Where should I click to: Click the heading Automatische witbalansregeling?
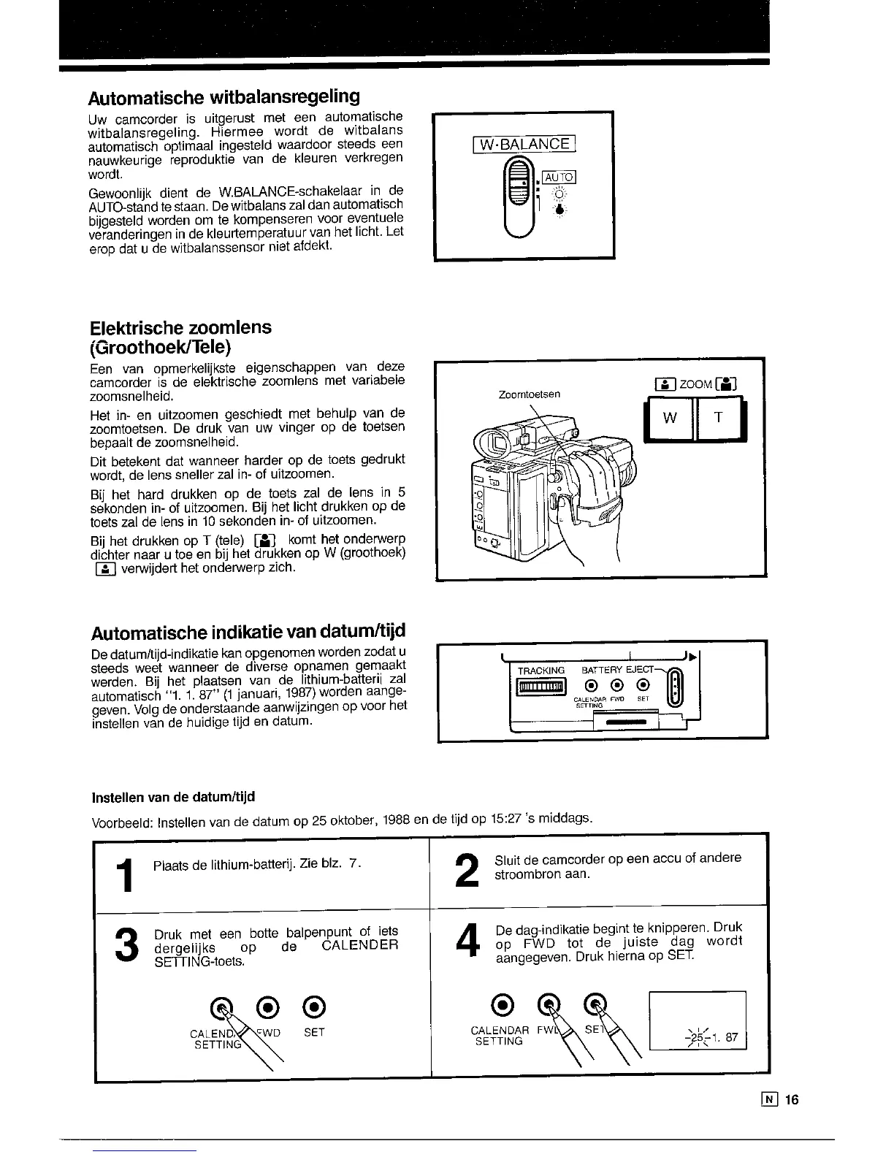224,97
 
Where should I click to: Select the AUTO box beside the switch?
560,177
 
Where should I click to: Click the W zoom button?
669,418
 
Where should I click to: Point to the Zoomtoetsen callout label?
529,394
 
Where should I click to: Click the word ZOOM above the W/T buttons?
696,384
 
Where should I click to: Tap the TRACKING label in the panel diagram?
541,670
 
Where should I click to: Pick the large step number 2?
465,871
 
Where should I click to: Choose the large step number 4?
465,942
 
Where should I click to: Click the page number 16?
793,1100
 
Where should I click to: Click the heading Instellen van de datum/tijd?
173,795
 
